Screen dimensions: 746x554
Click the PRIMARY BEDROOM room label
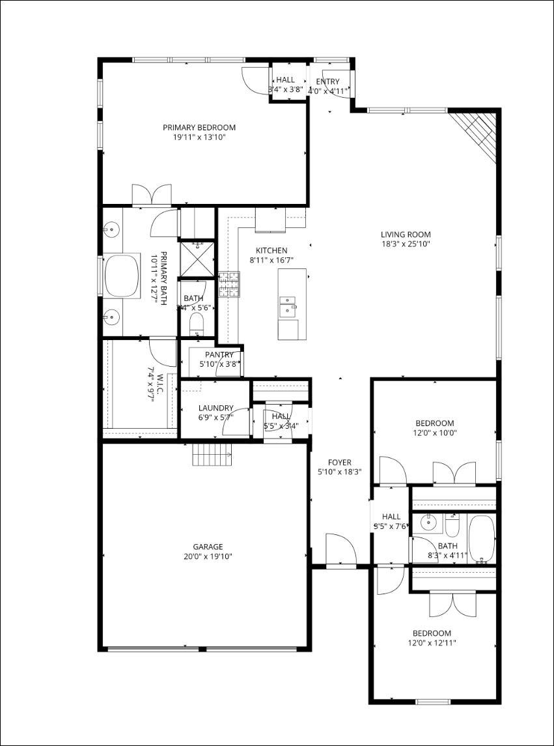(x=199, y=128)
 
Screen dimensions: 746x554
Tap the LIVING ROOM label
(x=406, y=235)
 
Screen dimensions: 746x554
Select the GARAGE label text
(x=208, y=547)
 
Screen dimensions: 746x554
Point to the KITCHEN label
(x=271, y=250)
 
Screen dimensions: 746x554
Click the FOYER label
(x=339, y=463)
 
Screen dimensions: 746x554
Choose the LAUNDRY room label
(x=215, y=409)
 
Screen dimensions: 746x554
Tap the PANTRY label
(x=219, y=354)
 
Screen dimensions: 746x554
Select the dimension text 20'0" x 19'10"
(x=208, y=556)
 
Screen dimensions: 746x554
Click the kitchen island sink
(x=287, y=304)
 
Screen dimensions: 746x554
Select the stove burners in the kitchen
(x=229, y=284)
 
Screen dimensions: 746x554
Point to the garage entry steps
(x=212, y=453)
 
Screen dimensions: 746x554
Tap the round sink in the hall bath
(x=428, y=522)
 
